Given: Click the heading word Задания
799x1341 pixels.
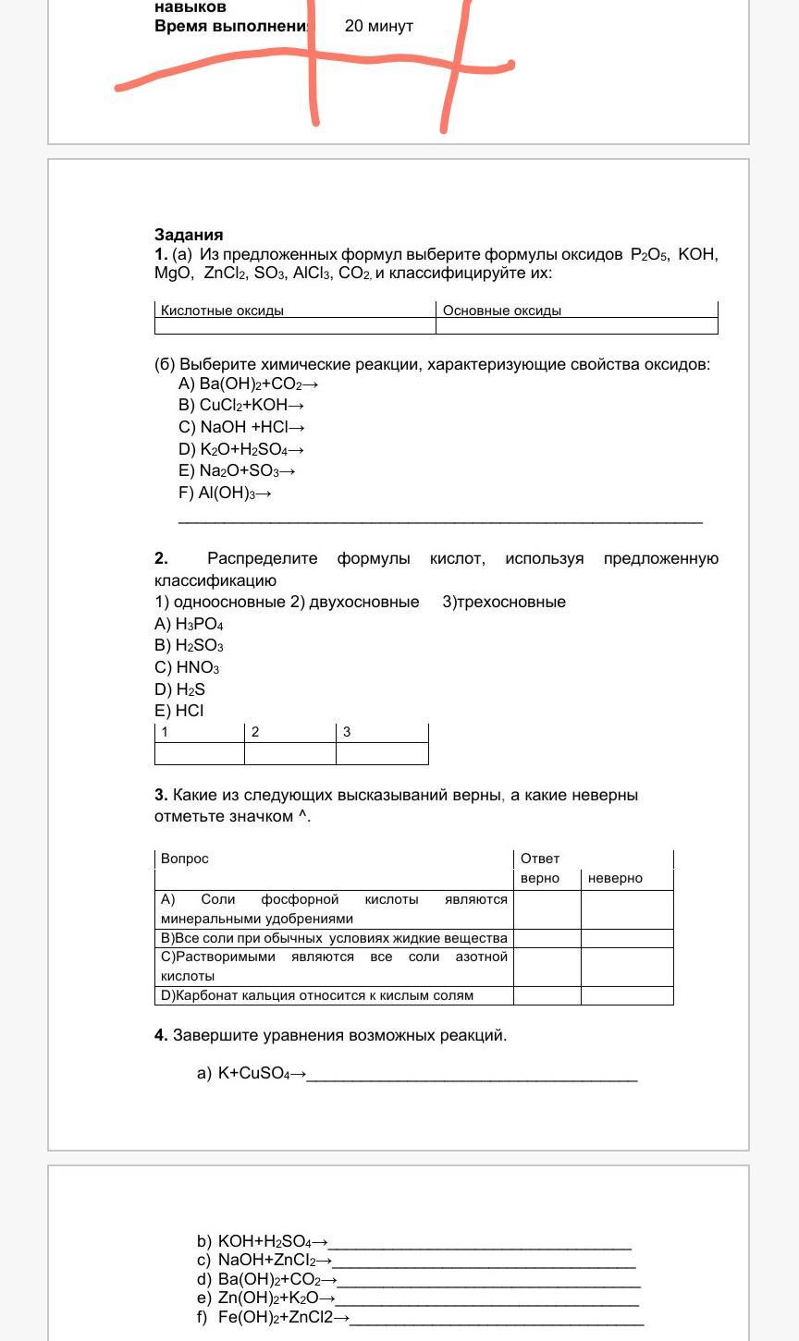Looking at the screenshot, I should tap(189, 235).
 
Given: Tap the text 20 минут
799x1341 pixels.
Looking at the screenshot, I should tap(378, 26).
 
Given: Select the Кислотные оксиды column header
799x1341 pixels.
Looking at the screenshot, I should tap(222, 311).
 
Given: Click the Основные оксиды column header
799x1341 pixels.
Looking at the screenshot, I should tap(502, 311).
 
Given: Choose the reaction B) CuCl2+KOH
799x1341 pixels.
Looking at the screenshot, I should tap(241, 405).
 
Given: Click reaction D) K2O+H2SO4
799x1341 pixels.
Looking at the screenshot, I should tap(241, 449).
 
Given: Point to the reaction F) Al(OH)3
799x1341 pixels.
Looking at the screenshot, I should tap(225, 493).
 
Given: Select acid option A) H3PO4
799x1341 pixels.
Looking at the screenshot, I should tap(189, 624).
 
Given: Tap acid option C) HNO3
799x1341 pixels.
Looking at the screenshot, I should tap(187, 667).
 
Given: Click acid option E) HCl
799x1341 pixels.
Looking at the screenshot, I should tap(179, 711).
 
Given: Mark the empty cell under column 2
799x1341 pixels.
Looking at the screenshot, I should tap(289, 753).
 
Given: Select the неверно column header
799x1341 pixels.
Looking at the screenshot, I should tap(615, 878).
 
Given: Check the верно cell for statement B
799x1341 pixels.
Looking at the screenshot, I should tap(547, 938).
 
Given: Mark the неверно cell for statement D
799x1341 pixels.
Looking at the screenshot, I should tap(626, 995).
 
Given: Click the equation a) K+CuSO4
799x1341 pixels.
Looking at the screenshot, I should tap(251, 1073).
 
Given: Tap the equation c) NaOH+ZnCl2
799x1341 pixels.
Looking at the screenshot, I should tap(264, 1260).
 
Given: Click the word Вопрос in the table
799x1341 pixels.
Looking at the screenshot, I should tap(185, 859).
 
